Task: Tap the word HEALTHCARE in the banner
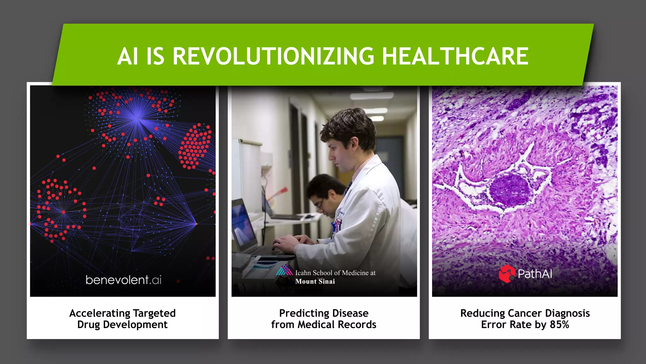[x=455, y=56]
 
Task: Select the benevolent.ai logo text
[x=123, y=280]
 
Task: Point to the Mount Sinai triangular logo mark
[x=284, y=270]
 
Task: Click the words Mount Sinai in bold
[x=315, y=282]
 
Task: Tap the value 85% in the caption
[x=559, y=325]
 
